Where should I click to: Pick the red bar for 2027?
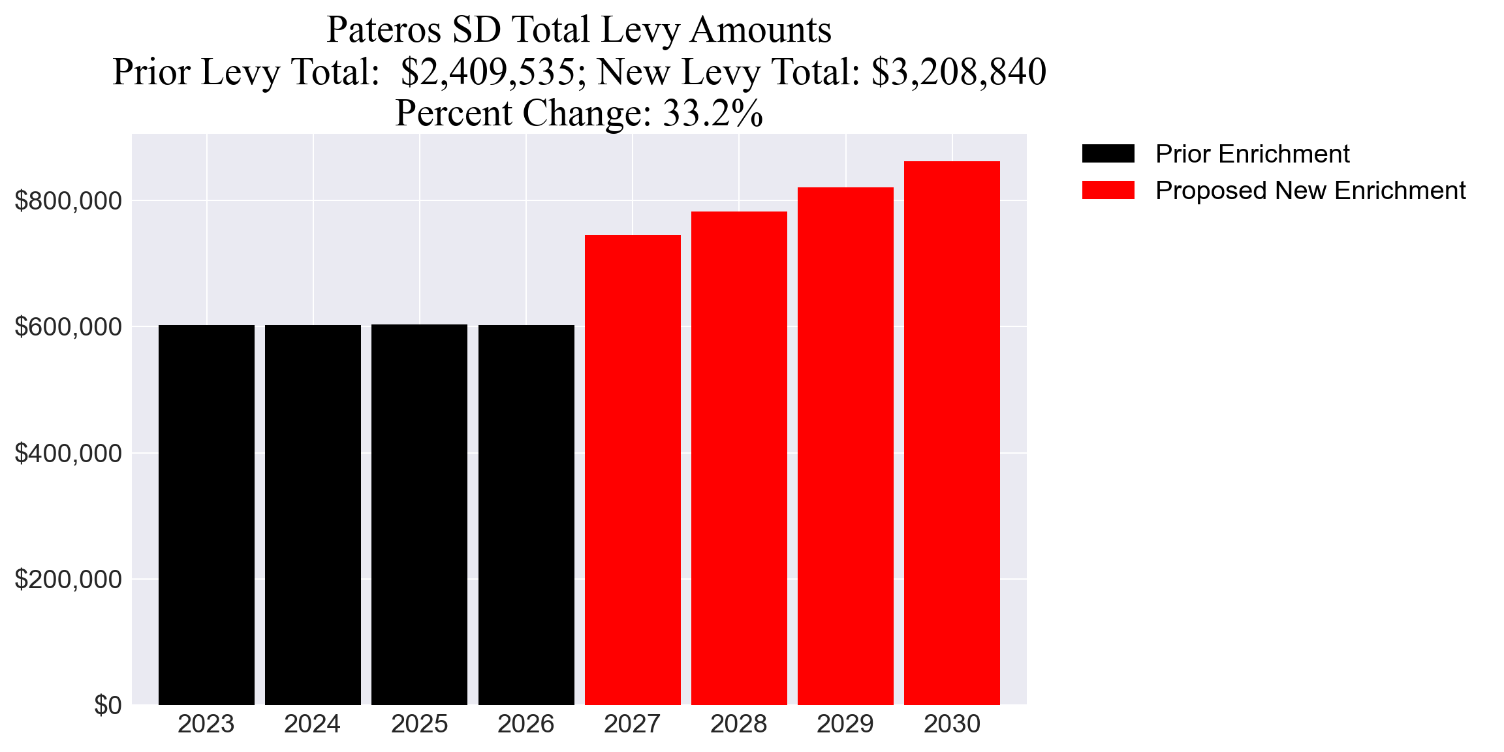[x=633, y=470]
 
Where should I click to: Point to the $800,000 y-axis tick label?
[x=68, y=201]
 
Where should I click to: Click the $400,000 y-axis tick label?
[x=68, y=453]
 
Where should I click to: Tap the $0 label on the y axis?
[x=108, y=706]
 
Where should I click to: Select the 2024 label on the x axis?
[x=312, y=724]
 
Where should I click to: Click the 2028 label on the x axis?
[x=738, y=724]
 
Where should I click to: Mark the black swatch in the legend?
[x=1108, y=154]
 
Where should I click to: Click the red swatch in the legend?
[x=1108, y=191]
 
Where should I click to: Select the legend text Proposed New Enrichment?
[x=1310, y=191]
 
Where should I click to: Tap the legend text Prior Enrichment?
[x=1252, y=154]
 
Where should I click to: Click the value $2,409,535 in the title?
[x=488, y=72]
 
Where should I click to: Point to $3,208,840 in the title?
[x=959, y=72]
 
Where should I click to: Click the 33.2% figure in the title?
[x=712, y=113]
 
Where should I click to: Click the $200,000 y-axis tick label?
[x=68, y=579]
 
